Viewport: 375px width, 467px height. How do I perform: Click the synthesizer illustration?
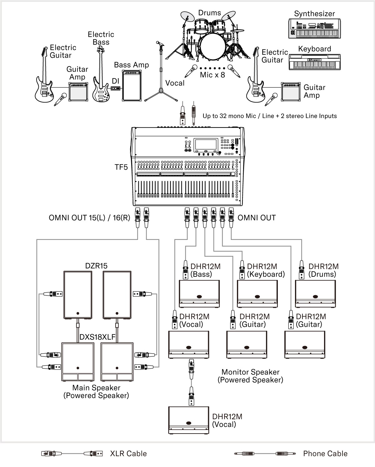314,29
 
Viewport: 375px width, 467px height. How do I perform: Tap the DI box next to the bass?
116,89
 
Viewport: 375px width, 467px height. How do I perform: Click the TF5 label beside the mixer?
121,167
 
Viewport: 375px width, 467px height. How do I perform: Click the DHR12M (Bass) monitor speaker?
199,294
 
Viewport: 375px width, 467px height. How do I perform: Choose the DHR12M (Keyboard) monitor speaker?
257,294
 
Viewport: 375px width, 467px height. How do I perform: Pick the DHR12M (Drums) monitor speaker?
315,294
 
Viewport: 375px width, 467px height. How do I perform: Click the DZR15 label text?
96,266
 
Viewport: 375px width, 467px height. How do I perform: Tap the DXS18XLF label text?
97,337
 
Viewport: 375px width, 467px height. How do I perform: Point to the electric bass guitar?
101,78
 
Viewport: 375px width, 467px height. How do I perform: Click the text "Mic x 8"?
212,75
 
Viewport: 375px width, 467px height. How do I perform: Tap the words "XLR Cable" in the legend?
128,454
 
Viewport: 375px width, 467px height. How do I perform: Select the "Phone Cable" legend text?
325,454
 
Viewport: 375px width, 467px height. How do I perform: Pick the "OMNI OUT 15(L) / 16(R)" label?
89,218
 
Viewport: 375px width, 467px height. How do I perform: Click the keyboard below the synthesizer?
314,62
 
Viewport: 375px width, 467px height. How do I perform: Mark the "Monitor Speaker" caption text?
250,372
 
